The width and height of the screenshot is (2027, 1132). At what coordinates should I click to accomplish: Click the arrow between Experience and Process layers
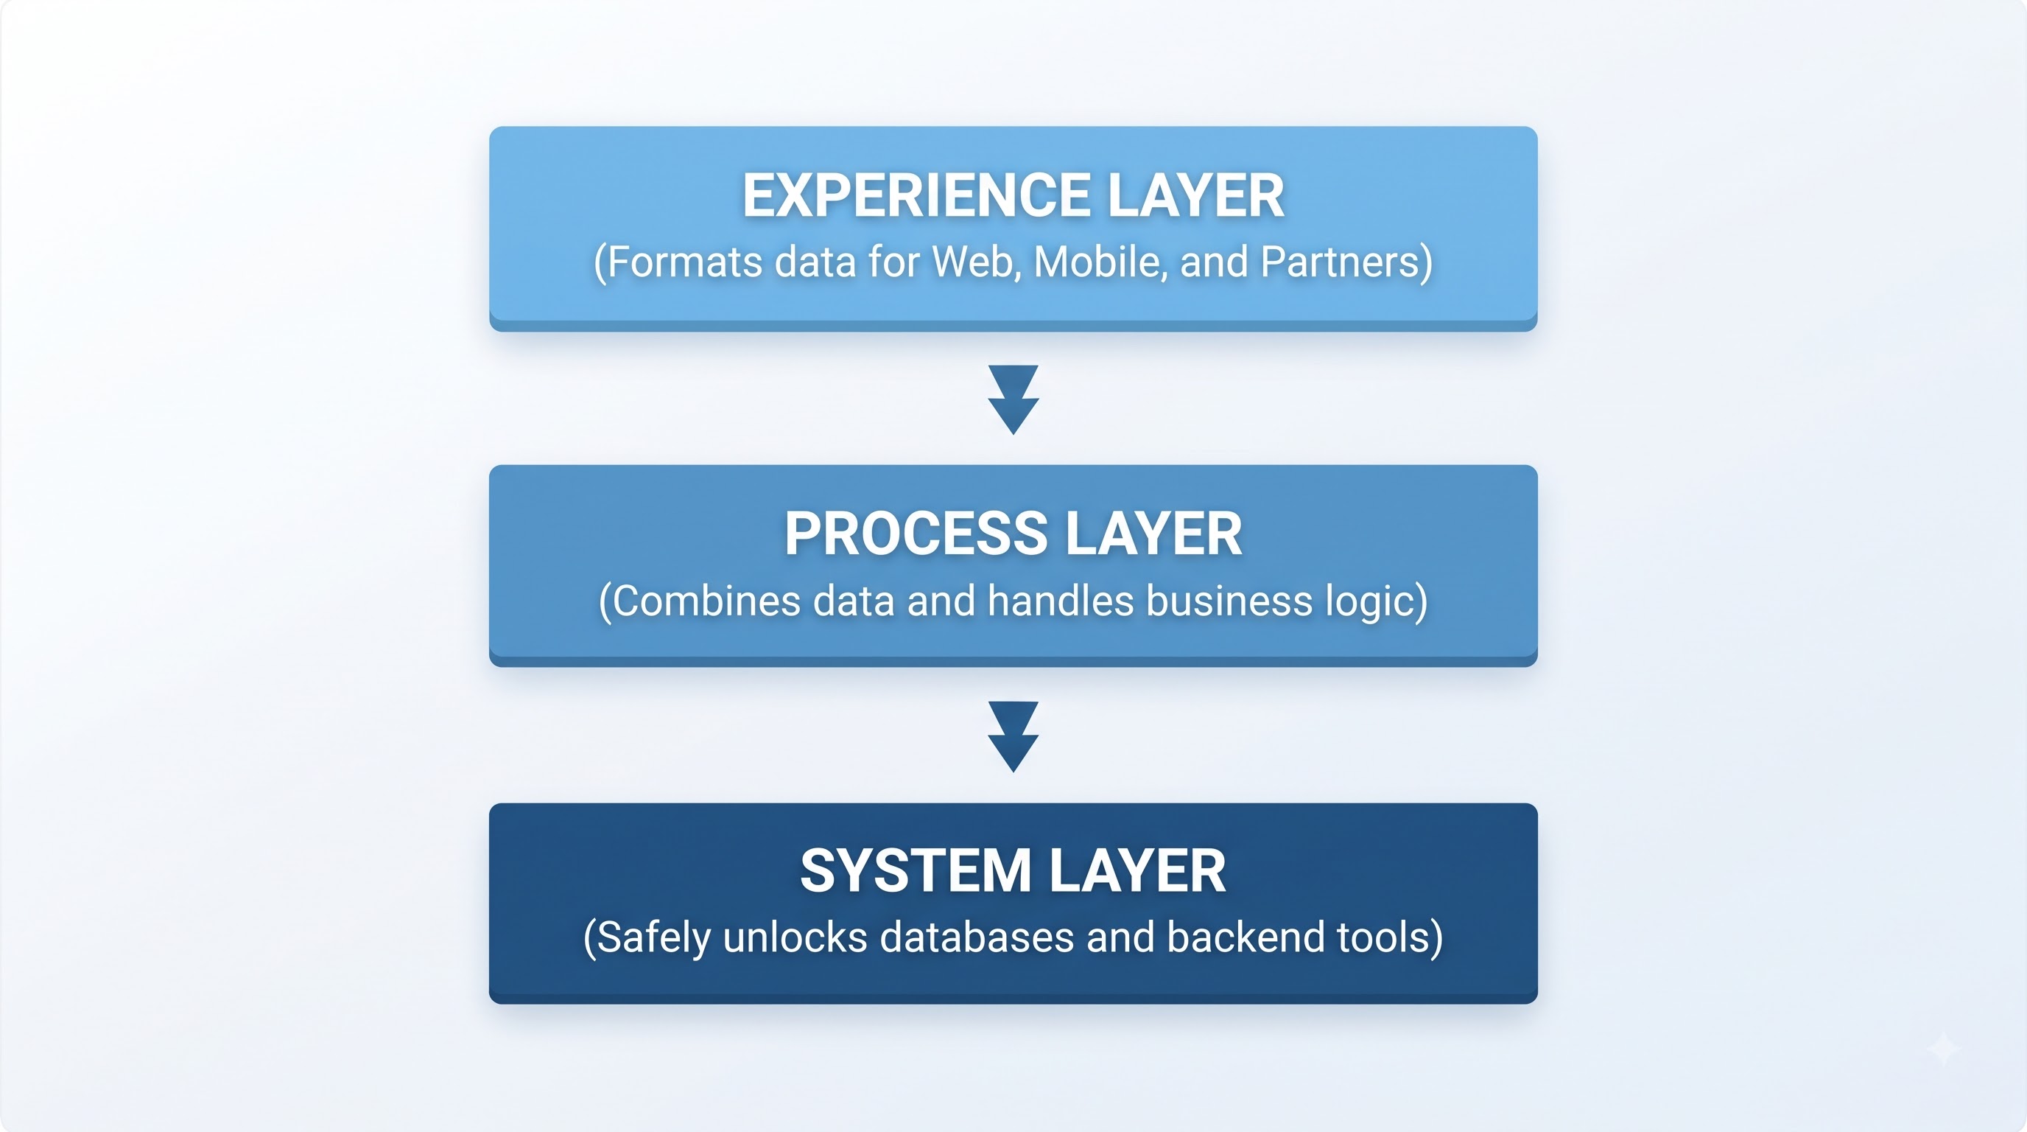pyautogui.click(x=1013, y=399)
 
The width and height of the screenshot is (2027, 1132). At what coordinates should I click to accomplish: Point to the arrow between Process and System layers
pyautogui.click(x=1013, y=737)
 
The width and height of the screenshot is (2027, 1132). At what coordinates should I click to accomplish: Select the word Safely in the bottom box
pyautogui.click(x=653, y=938)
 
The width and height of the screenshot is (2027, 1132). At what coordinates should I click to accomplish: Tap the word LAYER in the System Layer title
pyautogui.click(x=1137, y=870)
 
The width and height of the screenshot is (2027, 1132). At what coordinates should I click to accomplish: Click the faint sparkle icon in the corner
pyautogui.click(x=1944, y=1049)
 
